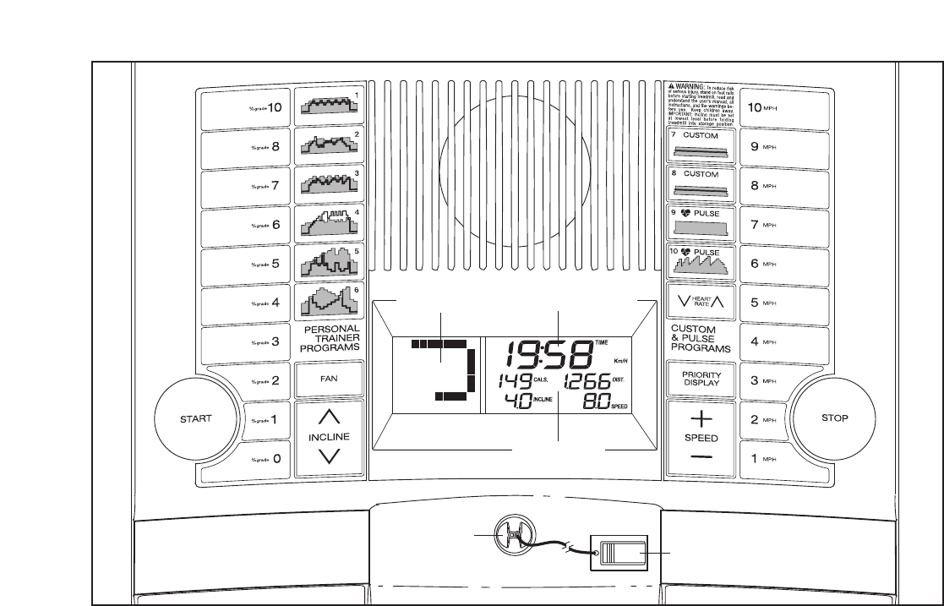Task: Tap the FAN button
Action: click(x=330, y=379)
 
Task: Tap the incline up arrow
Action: click(x=330, y=417)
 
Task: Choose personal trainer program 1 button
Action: click(x=330, y=107)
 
